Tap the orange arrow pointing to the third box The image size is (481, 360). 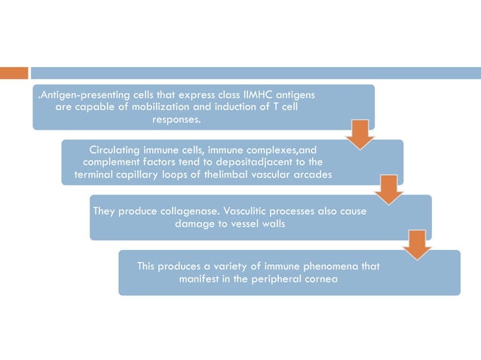pyautogui.click(x=388, y=189)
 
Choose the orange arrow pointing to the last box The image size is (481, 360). pyautogui.click(x=416, y=245)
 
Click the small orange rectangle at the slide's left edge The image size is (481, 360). pyautogui.click(x=14, y=73)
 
